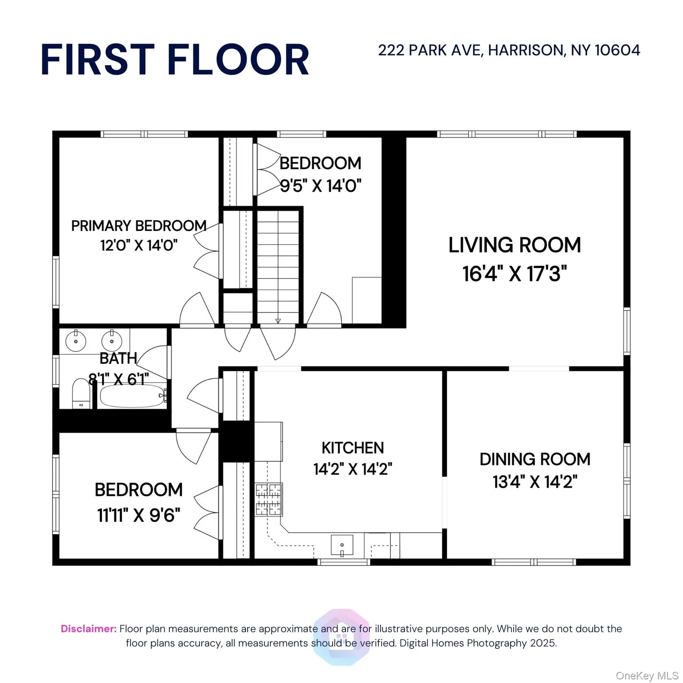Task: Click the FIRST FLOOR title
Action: [175, 60]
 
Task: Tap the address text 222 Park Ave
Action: [509, 50]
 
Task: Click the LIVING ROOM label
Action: [514, 245]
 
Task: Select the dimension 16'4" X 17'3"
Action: [514, 273]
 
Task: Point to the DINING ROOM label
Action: [535, 459]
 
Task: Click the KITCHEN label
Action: [353, 448]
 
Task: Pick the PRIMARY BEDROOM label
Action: [139, 226]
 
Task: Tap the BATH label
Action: [118, 358]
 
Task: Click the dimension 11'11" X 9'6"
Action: [139, 515]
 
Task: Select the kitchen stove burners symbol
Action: [269, 499]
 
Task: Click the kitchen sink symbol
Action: [342, 545]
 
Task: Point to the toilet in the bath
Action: [81, 393]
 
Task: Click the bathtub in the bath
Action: [132, 396]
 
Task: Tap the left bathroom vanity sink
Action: [76, 341]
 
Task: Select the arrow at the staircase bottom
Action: [278, 321]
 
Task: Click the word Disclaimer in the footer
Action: [88, 629]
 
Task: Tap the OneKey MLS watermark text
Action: [647, 676]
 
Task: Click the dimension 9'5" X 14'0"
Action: [320, 186]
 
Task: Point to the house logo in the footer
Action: [341, 637]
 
